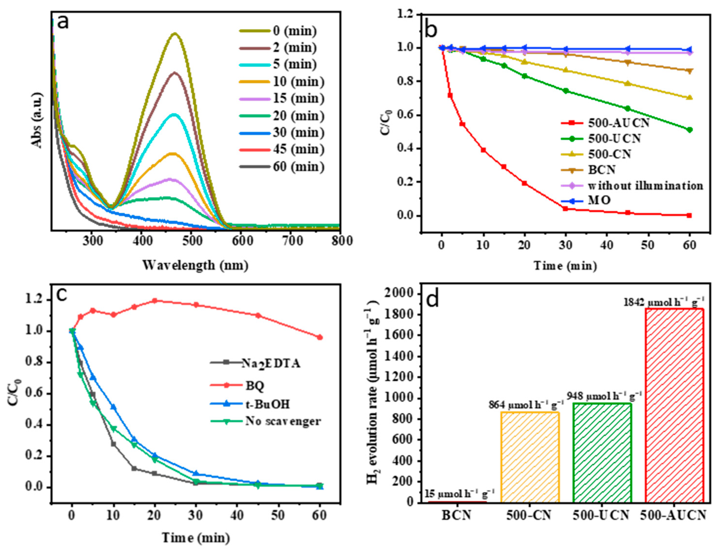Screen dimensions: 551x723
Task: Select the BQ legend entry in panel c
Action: coord(255,386)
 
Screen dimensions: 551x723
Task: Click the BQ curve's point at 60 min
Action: coord(320,337)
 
